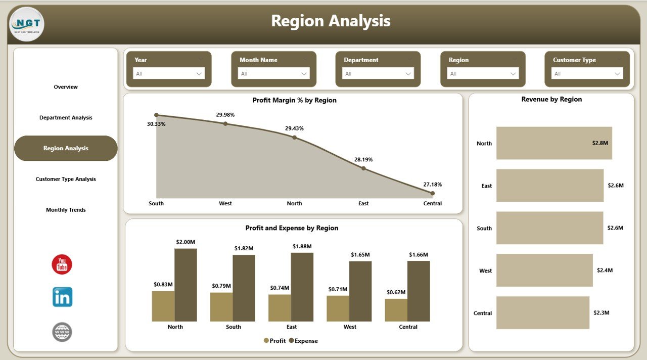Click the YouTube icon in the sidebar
click(x=62, y=264)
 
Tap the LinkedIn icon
click(x=62, y=297)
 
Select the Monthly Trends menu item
click(x=66, y=210)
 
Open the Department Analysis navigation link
click(x=66, y=118)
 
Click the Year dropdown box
click(x=169, y=74)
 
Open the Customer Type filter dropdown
click(x=587, y=74)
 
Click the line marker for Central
click(x=432, y=193)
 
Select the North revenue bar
click(x=554, y=143)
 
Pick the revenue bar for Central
click(x=542, y=313)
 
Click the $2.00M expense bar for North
click(x=186, y=285)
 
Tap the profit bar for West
click(x=338, y=308)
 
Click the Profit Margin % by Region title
click(x=294, y=100)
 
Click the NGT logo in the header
click(x=26, y=24)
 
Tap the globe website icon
click(x=62, y=332)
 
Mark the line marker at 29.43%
click(x=294, y=137)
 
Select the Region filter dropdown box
click(x=483, y=74)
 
